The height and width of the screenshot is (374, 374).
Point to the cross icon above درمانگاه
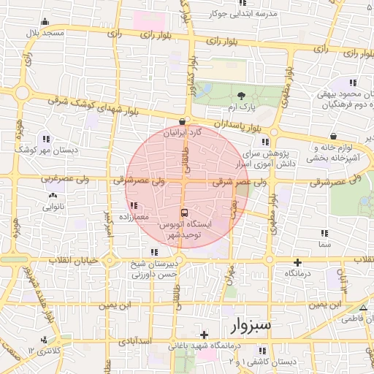[x=297, y=262]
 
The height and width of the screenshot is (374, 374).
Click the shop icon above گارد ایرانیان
[x=182, y=122]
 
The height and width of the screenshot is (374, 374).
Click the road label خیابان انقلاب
[x=69, y=260]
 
